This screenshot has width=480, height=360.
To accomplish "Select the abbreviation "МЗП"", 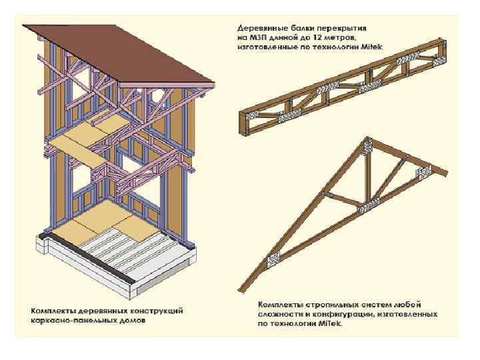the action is (258, 38).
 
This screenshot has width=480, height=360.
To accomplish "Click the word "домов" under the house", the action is (134, 320).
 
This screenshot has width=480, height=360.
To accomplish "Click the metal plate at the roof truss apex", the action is (365, 145).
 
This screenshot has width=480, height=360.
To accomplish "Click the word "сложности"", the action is (277, 314).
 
